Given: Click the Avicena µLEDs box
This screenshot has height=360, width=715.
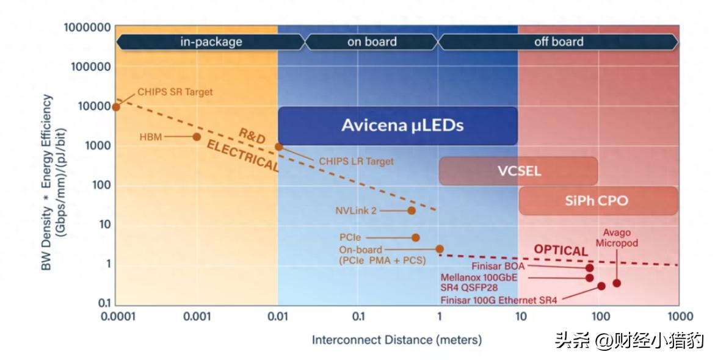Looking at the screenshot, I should pyautogui.click(x=397, y=126).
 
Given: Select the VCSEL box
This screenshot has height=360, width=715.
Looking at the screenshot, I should pyautogui.click(x=518, y=171).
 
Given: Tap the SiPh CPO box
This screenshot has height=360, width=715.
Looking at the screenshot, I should pyautogui.click(x=598, y=201).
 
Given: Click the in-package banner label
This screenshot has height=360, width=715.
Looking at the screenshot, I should pyautogui.click(x=211, y=42).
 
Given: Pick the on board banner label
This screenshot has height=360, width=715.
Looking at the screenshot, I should pyautogui.click(x=372, y=42).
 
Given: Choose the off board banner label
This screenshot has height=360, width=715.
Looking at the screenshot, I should pyautogui.click(x=558, y=42).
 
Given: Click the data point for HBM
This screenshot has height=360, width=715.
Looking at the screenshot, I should pyautogui.click(x=197, y=137).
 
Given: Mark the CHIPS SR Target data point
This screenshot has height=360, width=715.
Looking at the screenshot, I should pyautogui.click(x=116, y=107).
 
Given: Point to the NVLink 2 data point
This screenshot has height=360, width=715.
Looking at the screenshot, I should pyautogui.click(x=412, y=211).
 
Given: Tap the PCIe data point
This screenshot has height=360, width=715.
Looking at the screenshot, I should pyautogui.click(x=416, y=237).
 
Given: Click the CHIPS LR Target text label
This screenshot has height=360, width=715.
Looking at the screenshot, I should pyautogui.click(x=356, y=162).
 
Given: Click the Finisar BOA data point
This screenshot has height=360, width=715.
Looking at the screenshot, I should pyautogui.click(x=589, y=267).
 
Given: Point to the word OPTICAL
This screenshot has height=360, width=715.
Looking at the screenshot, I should pyautogui.click(x=561, y=250).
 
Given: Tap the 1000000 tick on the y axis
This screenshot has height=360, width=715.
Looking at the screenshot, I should pyautogui.click(x=87, y=27).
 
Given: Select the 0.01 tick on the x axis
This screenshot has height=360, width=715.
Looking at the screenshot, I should pyautogui.click(x=278, y=316).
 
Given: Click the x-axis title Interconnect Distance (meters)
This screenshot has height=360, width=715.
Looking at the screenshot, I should pyautogui.click(x=397, y=340).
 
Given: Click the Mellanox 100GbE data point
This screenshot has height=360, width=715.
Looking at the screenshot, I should pyautogui.click(x=589, y=278).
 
